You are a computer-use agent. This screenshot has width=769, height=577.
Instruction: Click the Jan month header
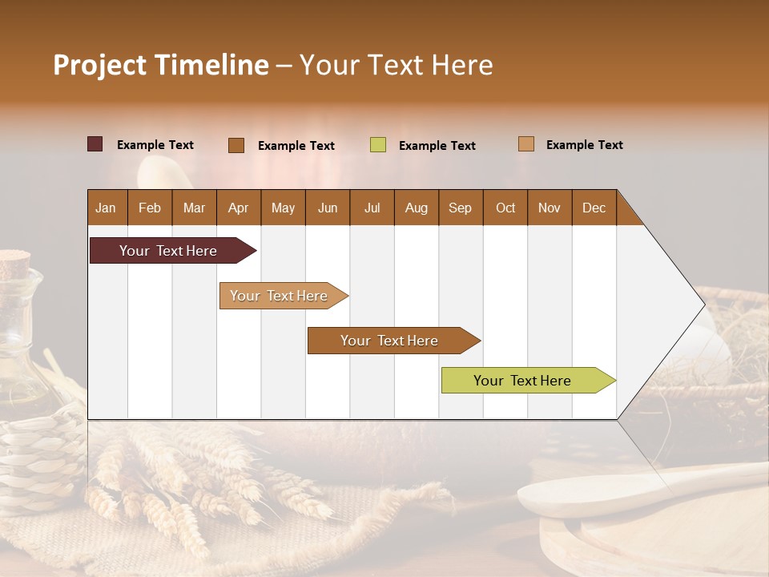coord(107,208)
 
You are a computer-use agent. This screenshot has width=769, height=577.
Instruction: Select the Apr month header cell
coord(239,208)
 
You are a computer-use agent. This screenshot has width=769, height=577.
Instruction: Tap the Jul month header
coord(372,208)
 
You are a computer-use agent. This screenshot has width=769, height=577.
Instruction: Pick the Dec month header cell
coord(594,208)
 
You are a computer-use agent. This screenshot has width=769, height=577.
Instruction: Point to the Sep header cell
coord(461,208)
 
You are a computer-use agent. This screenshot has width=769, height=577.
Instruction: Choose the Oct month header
coord(505,208)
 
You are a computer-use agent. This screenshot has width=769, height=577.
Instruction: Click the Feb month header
coord(150,208)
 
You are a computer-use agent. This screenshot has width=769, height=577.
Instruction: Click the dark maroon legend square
coord(95,144)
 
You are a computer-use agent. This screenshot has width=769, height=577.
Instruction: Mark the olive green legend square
coord(378,145)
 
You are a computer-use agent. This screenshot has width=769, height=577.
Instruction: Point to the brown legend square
coord(236,145)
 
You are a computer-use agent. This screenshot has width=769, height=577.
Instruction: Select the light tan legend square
coord(526,144)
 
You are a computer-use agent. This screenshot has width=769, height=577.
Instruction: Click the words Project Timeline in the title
coord(160,65)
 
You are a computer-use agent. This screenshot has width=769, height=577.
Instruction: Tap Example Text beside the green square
coord(437,146)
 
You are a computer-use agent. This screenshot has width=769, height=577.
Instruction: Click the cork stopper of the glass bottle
coord(14,261)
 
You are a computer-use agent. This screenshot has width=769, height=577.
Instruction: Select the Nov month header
coord(550,208)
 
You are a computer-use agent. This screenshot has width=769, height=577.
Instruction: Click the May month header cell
coord(283,208)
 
